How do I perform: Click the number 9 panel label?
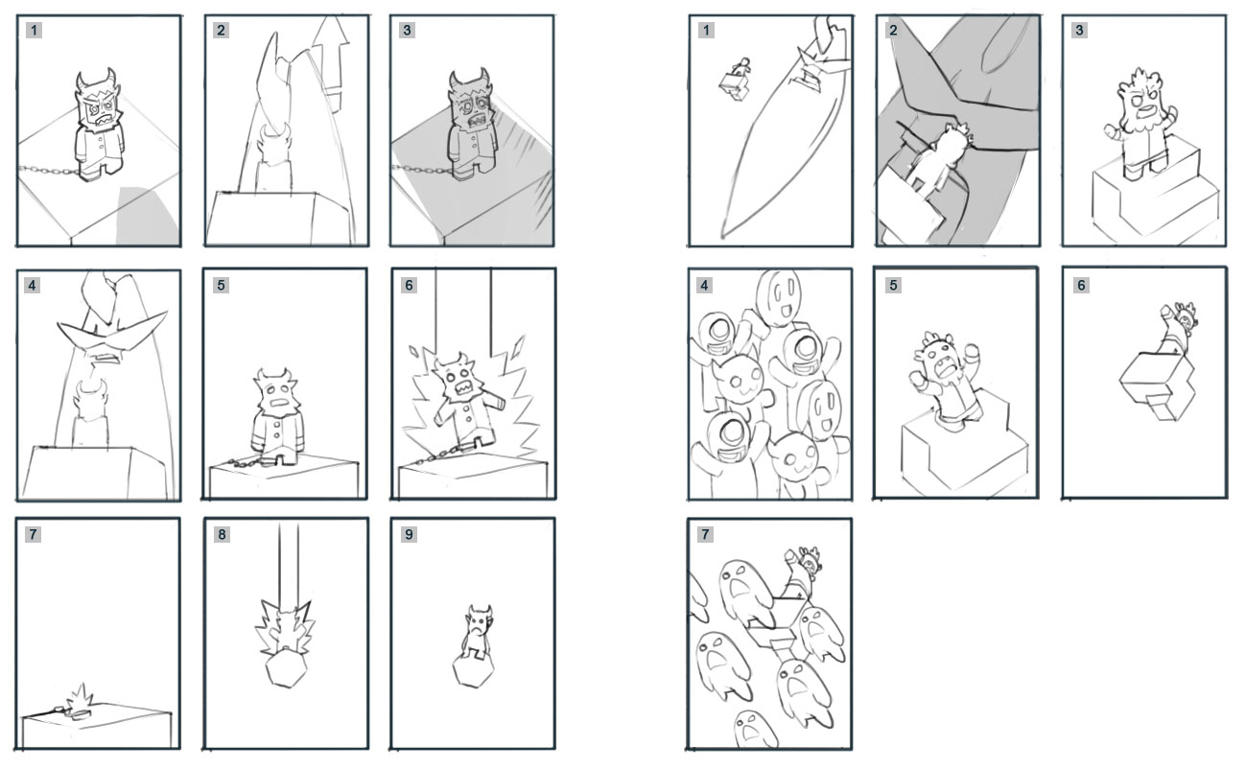pyautogui.click(x=409, y=534)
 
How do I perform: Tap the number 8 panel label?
pyautogui.click(x=222, y=534)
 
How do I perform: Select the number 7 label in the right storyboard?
pyautogui.click(x=705, y=534)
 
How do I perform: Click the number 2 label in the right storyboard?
pyautogui.click(x=893, y=30)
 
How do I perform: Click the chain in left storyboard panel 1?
pyautogui.click(x=49, y=170)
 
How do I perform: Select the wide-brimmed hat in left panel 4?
pyautogui.click(x=111, y=331)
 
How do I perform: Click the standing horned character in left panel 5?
pyautogui.click(x=278, y=417)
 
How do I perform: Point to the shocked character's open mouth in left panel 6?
pyautogui.click(x=462, y=388)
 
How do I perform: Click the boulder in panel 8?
pyautogui.click(x=286, y=668)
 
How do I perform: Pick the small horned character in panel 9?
pyautogui.click(x=478, y=632)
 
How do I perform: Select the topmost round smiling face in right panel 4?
pyautogui.click(x=780, y=298)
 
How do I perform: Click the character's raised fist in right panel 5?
pyautogui.click(x=972, y=352)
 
